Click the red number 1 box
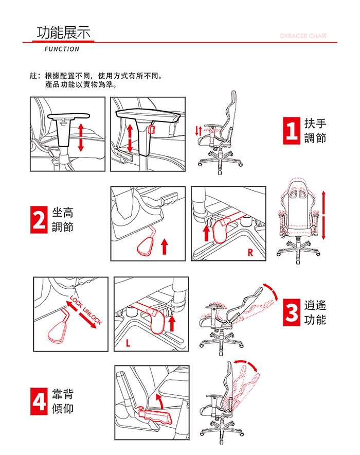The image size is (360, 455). point(291,131)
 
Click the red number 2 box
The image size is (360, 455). point(39,220)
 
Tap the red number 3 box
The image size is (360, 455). point(291,312)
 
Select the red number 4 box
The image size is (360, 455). point(39,401)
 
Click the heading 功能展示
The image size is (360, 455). point(64,32)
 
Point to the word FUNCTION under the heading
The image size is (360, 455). point(62,49)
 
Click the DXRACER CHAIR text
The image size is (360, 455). point(303,36)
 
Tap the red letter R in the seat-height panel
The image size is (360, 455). point(250,252)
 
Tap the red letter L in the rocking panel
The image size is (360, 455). point(128,343)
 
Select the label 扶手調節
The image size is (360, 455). point(315,131)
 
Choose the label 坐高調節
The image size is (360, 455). point(63,220)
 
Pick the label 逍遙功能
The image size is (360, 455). point(315,312)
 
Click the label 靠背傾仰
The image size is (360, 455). point(63,401)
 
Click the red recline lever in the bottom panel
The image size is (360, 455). point(155,415)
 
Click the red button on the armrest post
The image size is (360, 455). point(151,129)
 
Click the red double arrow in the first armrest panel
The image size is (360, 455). point(81,137)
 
